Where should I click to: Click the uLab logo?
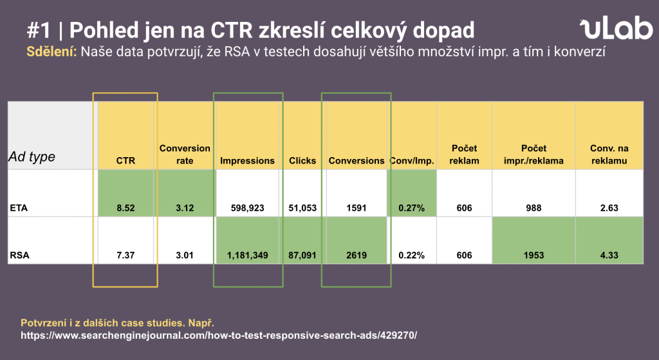point(614,29)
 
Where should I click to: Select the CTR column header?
point(125,160)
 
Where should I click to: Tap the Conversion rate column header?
point(185,155)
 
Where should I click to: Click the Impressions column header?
point(247,160)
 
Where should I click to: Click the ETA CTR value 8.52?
point(125,208)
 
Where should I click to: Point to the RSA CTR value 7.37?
point(125,256)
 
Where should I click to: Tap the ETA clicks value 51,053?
point(302,208)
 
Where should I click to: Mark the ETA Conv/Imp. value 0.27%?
point(411,208)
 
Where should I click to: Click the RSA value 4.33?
point(608,256)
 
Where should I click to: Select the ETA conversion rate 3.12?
point(185,208)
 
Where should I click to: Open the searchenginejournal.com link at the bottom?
point(219,336)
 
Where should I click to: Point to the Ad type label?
point(32,156)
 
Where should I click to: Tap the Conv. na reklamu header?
point(608,155)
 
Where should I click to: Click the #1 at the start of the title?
point(41,30)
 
